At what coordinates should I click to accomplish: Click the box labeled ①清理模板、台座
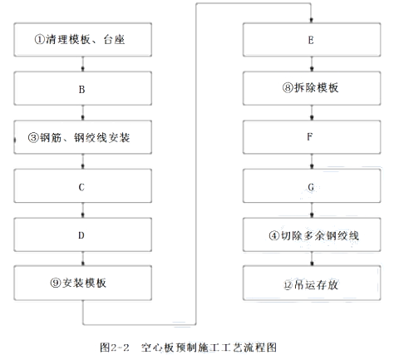pyautogui.click(x=83, y=40)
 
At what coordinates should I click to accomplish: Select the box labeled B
pyautogui.click(x=83, y=88)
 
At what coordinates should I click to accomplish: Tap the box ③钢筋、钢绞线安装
pyautogui.click(x=83, y=137)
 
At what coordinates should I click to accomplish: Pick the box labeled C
pyautogui.click(x=83, y=186)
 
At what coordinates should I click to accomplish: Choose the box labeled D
pyautogui.click(x=83, y=234)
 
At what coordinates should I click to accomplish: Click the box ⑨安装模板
pyautogui.click(x=83, y=283)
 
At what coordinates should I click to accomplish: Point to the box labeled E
pyautogui.click(x=312, y=40)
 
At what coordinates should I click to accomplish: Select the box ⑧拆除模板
pyautogui.click(x=312, y=88)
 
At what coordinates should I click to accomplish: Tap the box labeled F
pyautogui.click(x=312, y=137)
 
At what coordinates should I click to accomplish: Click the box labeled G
pyautogui.click(x=312, y=186)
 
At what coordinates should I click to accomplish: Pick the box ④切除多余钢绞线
pyautogui.click(x=312, y=234)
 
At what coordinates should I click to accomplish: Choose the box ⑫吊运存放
pyautogui.click(x=312, y=283)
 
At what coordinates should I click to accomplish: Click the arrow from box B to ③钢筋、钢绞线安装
pyautogui.click(x=83, y=113)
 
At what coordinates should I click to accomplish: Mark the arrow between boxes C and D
pyautogui.click(x=83, y=210)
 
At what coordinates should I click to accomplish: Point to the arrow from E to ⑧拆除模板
pyautogui.click(x=312, y=64)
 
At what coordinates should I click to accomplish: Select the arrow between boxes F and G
pyautogui.click(x=312, y=161)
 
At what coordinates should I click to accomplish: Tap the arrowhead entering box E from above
pyautogui.click(x=311, y=20)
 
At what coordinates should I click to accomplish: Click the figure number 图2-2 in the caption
pyautogui.click(x=115, y=348)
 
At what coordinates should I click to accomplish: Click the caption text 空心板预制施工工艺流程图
pyautogui.click(x=209, y=348)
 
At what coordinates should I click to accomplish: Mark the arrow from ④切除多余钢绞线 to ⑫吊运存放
pyautogui.click(x=312, y=259)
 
